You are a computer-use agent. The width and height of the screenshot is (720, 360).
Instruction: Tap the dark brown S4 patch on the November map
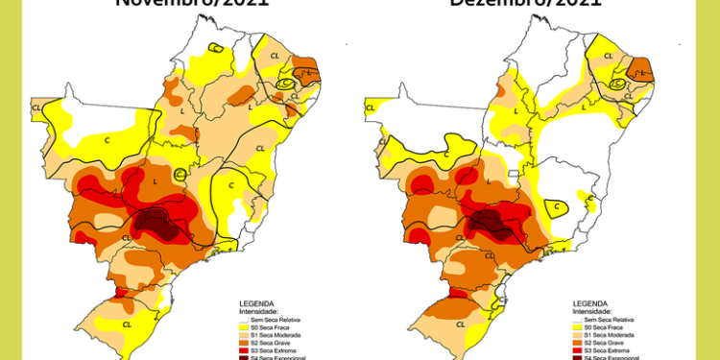point(154,224)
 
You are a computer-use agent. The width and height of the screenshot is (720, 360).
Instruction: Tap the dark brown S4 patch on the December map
point(490,224)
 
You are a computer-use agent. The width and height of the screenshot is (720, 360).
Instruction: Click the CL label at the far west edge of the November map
point(36,108)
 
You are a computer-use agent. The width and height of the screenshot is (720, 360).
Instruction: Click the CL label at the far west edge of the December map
point(370,108)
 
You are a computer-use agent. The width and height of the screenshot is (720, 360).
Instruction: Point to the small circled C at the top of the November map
point(217,47)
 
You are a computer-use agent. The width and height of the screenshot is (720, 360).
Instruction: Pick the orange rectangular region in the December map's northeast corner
point(639,70)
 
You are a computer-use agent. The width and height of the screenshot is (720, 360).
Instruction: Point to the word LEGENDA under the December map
point(589,303)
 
